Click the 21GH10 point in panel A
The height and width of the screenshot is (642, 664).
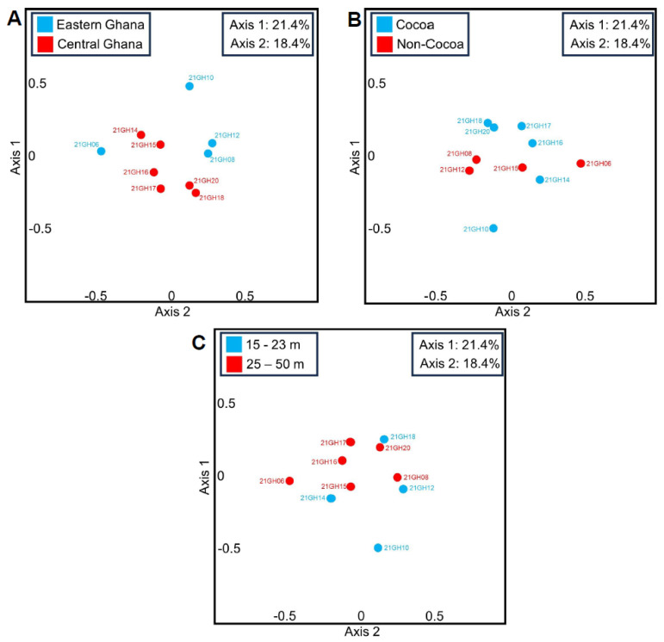pyautogui.click(x=189, y=86)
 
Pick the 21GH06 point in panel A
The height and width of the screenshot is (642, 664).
pyautogui.click(x=101, y=151)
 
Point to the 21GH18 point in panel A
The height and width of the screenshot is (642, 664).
pyautogui.click(x=196, y=193)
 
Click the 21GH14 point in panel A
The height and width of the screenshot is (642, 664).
pyautogui.click(x=141, y=135)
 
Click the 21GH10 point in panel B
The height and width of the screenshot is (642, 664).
pyautogui.click(x=493, y=228)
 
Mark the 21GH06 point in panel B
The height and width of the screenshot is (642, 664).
pyautogui.click(x=580, y=164)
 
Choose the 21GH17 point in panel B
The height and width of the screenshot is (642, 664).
pyautogui.click(x=521, y=126)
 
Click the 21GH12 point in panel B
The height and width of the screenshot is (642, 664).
pyautogui.click(x=469, y=170)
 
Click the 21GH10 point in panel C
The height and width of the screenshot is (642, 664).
pyautogui.click(x=378, y=547)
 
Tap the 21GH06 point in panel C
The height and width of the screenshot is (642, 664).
pyautogui.click(x=290, y=481)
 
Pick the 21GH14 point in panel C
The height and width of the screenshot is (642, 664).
pyautogui.click(x=331, y=498)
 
